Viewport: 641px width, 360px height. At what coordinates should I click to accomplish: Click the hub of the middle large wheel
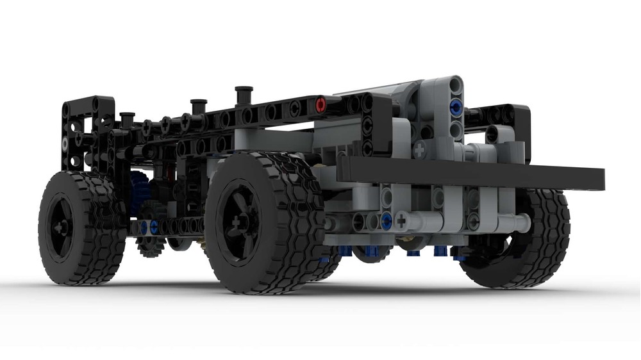point(238,224)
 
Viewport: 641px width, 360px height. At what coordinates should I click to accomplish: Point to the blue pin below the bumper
point(386,221)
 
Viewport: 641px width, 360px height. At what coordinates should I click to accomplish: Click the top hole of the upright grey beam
point(456,83)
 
